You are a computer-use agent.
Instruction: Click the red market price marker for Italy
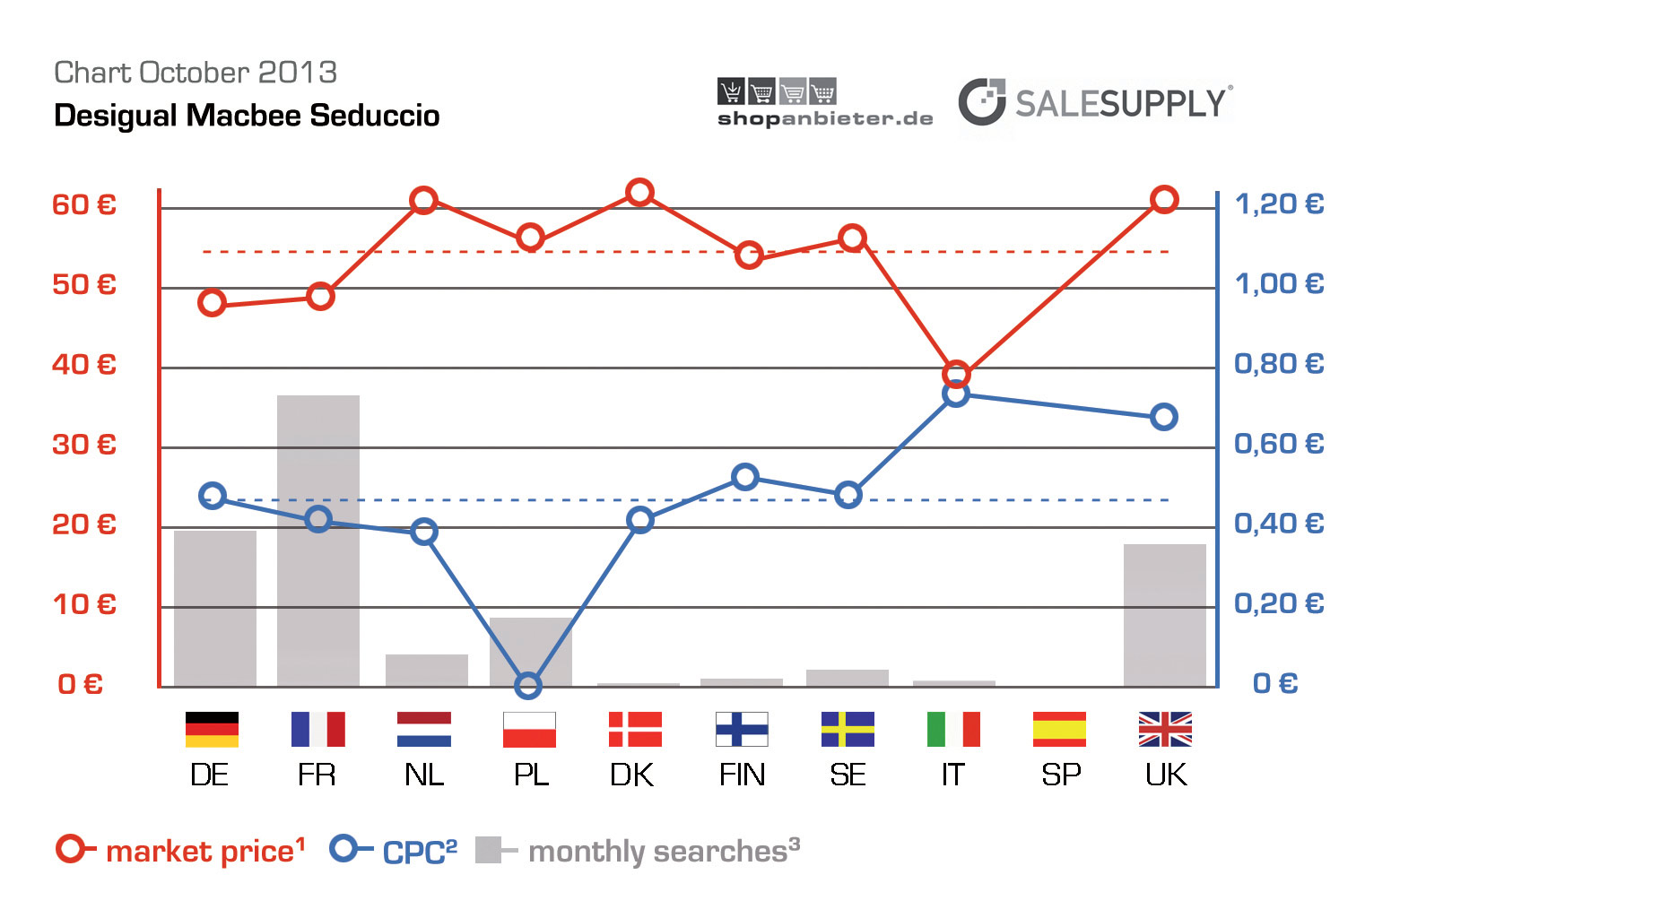click(956, 374)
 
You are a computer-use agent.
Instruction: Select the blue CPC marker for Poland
click(528, 686)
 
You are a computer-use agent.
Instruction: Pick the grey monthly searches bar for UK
click(1164, 615)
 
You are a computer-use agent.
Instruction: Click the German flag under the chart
click(212, 729)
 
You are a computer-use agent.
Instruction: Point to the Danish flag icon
click(635, 729)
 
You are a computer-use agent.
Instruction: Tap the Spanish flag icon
click(1059, 729)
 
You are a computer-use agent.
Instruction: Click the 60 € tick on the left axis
click(84, 205)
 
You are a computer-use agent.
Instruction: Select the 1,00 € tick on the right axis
click(1279, 284)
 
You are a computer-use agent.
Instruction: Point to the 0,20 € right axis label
click(1279, 603)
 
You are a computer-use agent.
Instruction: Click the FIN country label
click(742, 775)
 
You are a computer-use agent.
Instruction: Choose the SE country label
click(848, 775)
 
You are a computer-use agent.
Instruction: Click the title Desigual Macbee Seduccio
click(247, 116)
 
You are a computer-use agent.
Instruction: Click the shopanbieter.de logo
click(824, 104)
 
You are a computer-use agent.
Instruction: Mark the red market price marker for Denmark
click(639, 193)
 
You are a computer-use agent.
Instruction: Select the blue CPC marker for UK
click(1164, 417)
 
